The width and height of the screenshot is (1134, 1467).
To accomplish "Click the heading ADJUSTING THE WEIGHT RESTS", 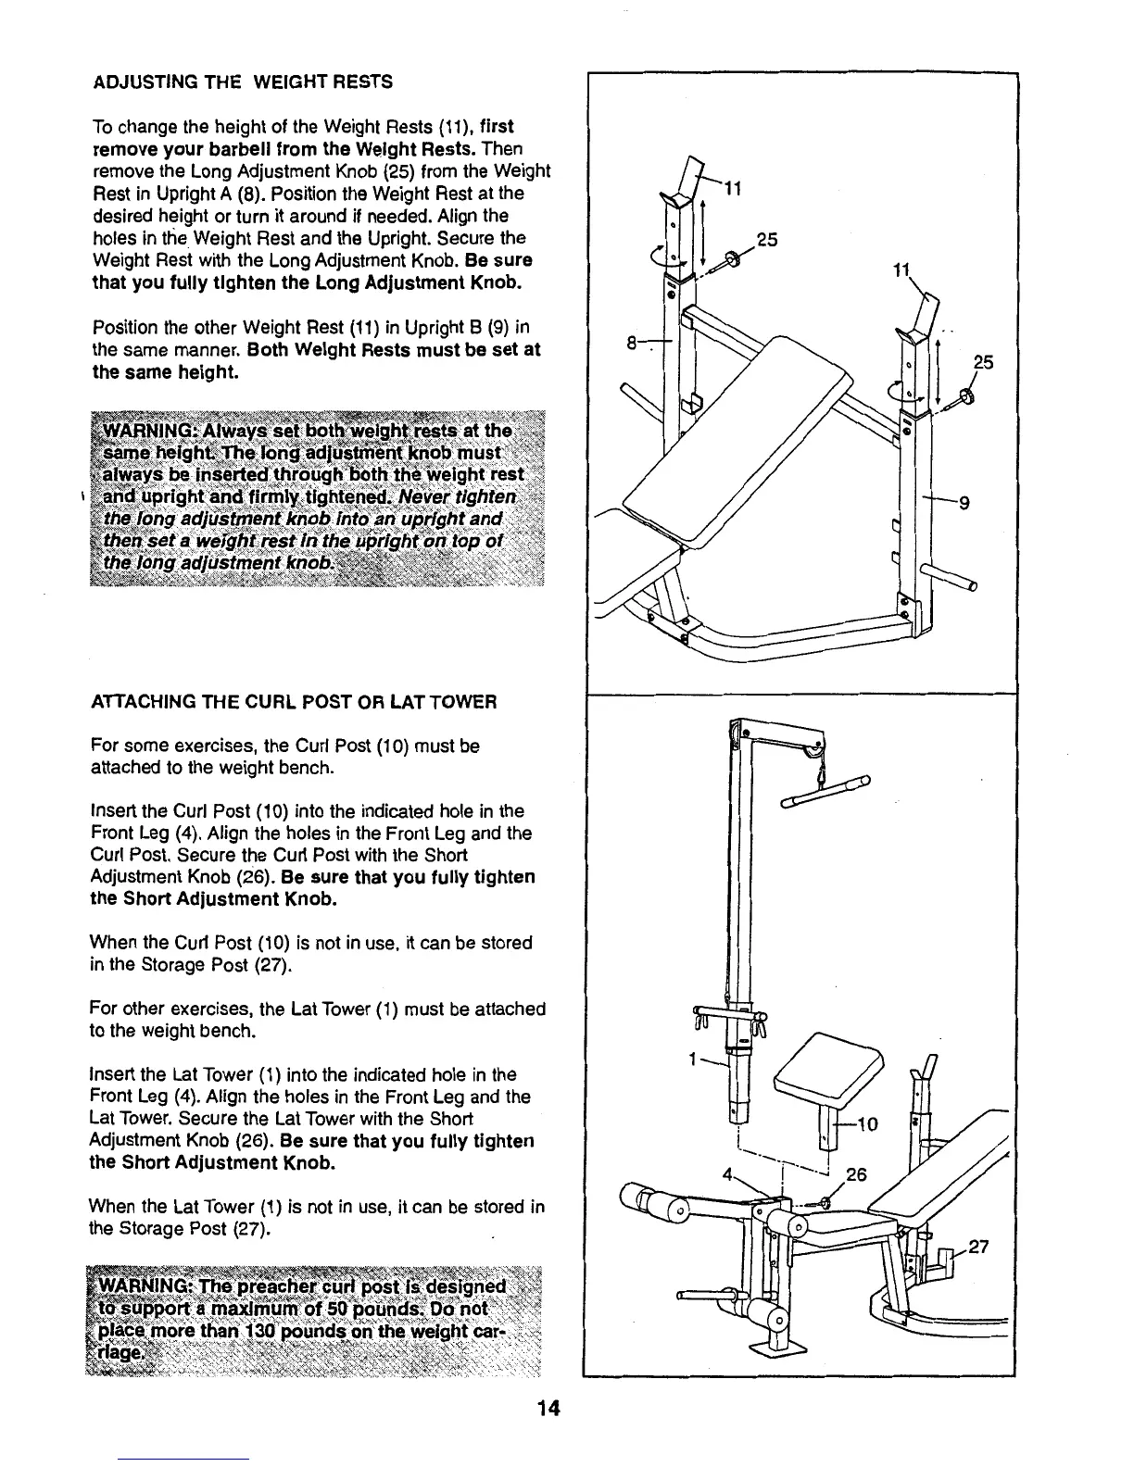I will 244,81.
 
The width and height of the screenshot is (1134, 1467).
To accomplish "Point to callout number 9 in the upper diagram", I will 964,504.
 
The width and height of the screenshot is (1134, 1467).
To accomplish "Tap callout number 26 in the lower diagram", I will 856,1175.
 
